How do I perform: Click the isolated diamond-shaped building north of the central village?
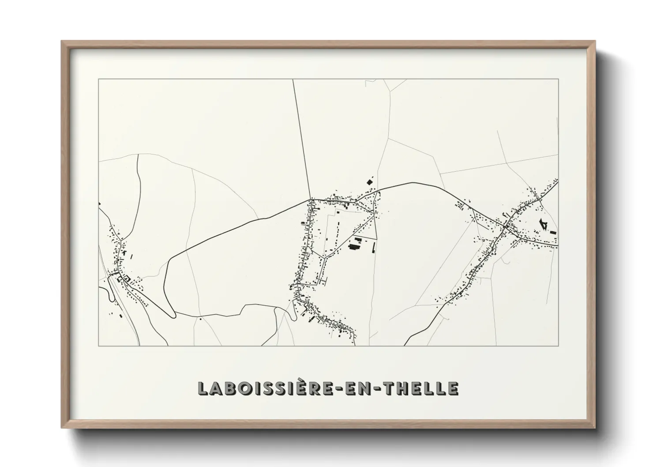[x=369, y=181]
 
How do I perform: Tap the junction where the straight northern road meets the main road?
[x=311, y=199]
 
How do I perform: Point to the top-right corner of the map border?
[x=558, y=79]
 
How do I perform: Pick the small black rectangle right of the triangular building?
[x=553, y=232]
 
